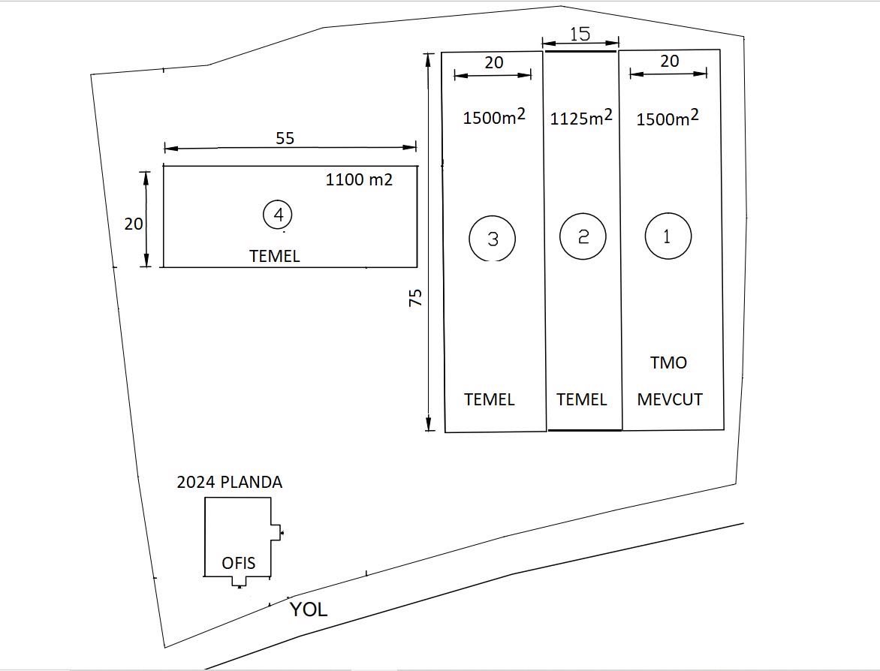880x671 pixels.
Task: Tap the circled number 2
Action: coord(583,236)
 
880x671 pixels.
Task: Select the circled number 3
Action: coord(493,239)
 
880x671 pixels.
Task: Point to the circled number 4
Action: coord(278,215)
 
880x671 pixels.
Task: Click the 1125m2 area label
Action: coord(581,117)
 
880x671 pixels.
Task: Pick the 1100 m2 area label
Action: coord(359,180)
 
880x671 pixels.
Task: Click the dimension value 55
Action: coord(285,138)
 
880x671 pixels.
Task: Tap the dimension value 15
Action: coord(580,34)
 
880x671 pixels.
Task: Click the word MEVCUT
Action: coord(670,399)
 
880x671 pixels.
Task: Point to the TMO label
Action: coord(668,363)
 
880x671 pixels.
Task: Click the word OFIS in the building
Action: coord(239,563)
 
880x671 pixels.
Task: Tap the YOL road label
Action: coord(309,609)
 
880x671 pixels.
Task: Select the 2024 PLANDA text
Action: coord(230,483)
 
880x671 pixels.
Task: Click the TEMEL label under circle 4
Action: coord(274,257)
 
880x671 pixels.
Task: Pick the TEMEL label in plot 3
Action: coord(490,399)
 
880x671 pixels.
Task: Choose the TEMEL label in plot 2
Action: coord(582,399)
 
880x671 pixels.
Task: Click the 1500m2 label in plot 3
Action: coord(493,117)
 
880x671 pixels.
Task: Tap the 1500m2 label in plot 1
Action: coord(668,118)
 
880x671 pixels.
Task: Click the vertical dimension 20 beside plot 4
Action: coord(134,224)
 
